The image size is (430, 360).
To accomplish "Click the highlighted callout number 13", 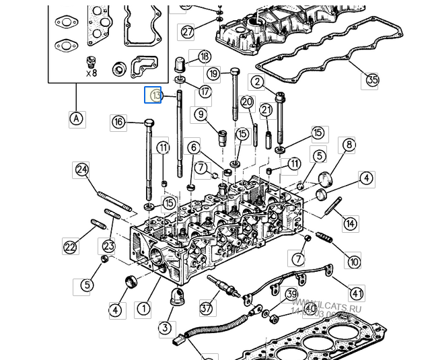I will click(x=155, y=96).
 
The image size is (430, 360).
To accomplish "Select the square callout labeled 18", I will click(x=204, y=57).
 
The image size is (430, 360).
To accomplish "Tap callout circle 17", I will click(x=205, y=91).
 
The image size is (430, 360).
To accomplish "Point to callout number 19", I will click(x=214, y=73).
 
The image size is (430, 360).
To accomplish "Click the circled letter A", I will click(x=77, y=119).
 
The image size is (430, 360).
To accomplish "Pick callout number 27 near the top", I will click(x=187, y=32).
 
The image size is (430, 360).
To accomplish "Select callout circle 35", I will click(x=372, y=80).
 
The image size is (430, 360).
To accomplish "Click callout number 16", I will click(x=118, y=122).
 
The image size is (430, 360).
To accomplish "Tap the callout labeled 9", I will click(x=201, y=114).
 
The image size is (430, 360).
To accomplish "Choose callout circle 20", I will click(x=247, y=102).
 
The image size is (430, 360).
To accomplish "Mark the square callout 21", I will click(x=266, y=110).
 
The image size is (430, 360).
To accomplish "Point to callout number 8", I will click(x=348, y=145).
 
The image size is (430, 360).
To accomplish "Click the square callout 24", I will click(x=82, y=169).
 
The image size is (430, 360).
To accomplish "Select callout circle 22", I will click(x=71, y=247).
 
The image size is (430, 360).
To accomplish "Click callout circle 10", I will click(x=354, y=260).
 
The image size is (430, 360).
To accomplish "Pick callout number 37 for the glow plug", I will click(x=206, y=309).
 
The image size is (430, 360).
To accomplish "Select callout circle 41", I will click(x=357, y=293).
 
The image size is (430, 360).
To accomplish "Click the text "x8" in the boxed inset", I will click(x=91, y=73).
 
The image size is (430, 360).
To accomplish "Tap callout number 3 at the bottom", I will click(x=166, y=328).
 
